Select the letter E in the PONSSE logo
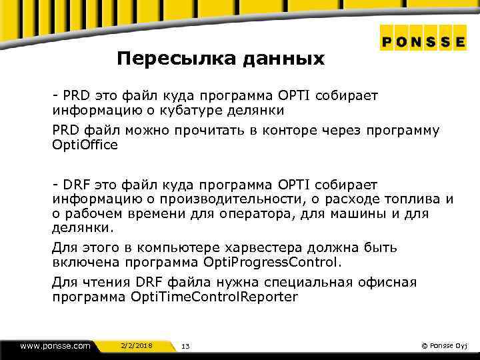[x=460, y=41]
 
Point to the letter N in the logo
[x=417, y=41]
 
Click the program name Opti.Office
[x=85, y=145]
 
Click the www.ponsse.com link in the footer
[x=55, y=345]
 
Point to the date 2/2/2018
[x=137, y=345]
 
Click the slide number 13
[x=185, y=346]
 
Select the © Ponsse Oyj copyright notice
[x=445, y=345]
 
